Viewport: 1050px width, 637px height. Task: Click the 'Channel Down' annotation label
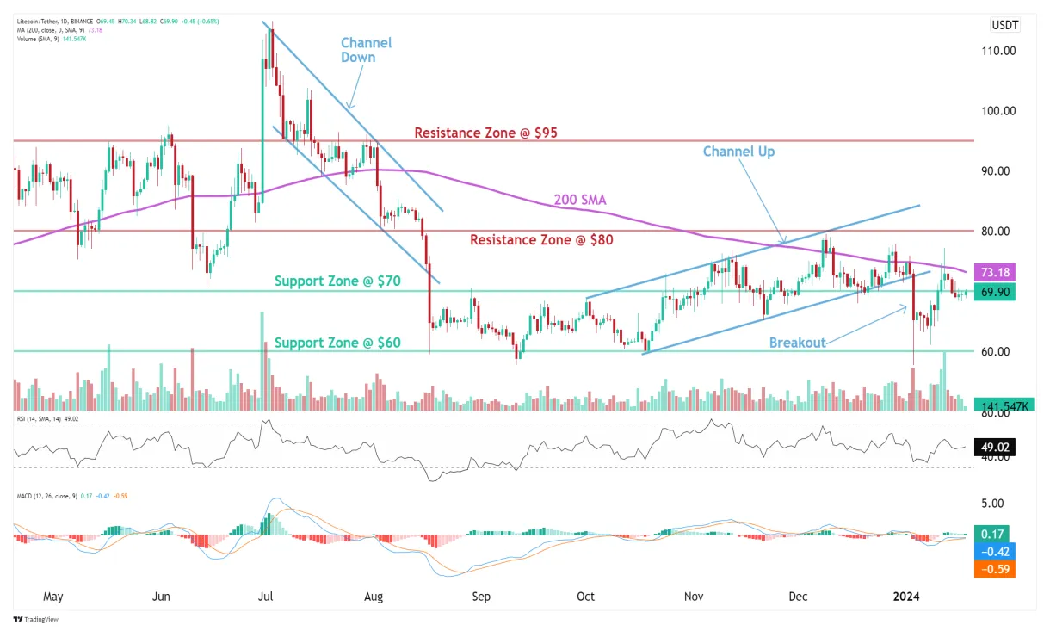(366, 50)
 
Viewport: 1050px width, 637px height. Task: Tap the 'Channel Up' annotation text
(738, 152)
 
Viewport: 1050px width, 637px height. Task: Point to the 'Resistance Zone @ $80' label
(541, 240)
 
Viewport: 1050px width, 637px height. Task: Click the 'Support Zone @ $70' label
(337, 281)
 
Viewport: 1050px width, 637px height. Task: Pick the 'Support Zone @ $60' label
(337, 343)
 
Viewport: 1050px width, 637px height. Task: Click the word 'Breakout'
(797, 343)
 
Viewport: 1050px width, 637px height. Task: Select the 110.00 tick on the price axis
(999, 51)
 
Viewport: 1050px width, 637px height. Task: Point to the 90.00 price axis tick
(999, 170)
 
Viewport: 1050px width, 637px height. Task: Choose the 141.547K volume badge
(1000, 405)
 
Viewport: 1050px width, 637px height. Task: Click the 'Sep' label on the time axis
(481, 596)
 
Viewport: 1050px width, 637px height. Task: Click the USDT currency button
(1004, 25)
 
